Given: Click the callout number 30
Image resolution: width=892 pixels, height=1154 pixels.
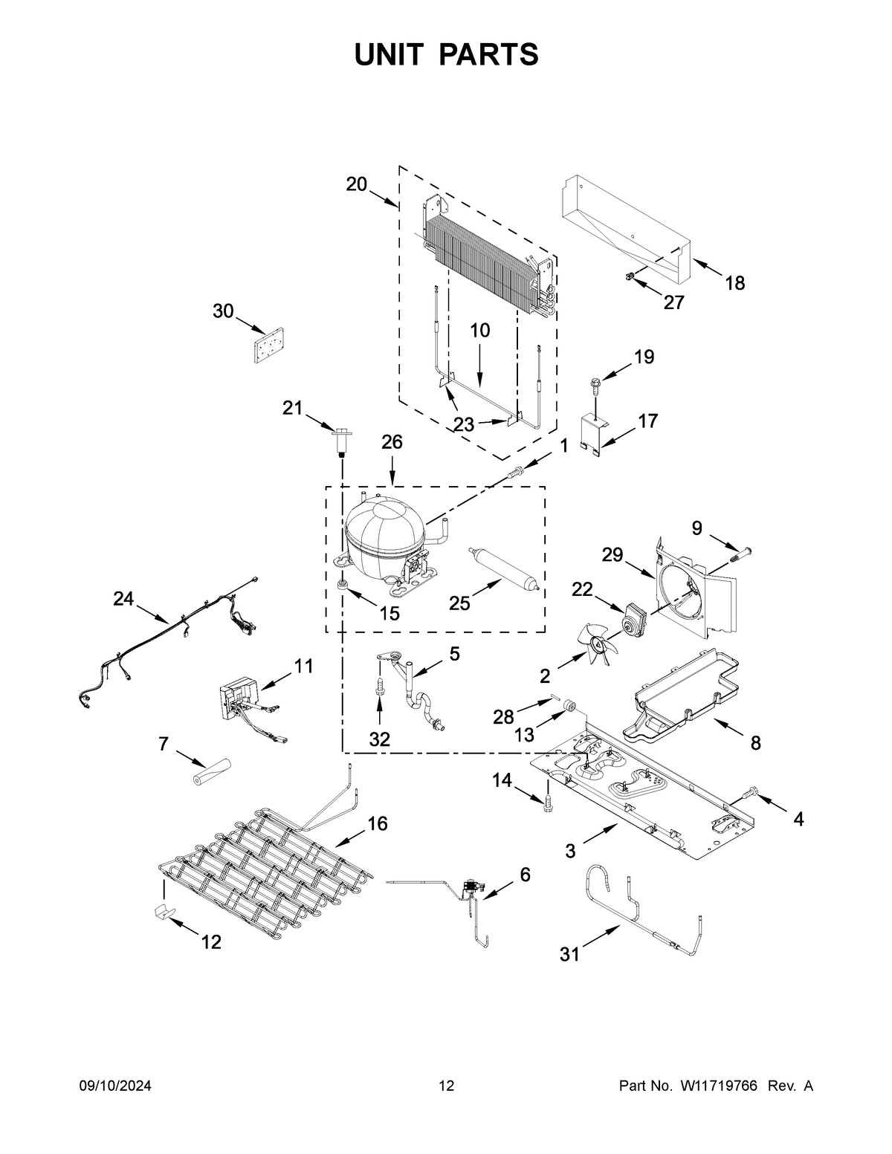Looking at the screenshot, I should [223, 311].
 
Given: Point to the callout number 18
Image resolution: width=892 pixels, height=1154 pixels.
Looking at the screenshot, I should [734, 283].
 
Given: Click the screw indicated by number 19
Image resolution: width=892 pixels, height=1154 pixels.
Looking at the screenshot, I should [595, 384].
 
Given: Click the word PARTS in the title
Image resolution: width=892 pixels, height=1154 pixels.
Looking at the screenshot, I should [488, 55].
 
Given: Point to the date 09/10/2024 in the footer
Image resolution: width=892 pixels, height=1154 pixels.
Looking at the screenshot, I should [115, 1086].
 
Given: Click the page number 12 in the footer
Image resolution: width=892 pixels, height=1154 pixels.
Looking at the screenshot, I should [446, 1086].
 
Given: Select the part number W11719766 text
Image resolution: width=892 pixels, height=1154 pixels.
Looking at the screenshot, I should [718, 1086].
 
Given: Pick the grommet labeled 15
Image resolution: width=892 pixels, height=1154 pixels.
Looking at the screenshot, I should [343, 586].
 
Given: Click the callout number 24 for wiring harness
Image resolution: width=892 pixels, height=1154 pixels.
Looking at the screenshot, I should [124, 598].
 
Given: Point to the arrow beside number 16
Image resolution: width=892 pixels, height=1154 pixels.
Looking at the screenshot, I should [349, 838].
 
